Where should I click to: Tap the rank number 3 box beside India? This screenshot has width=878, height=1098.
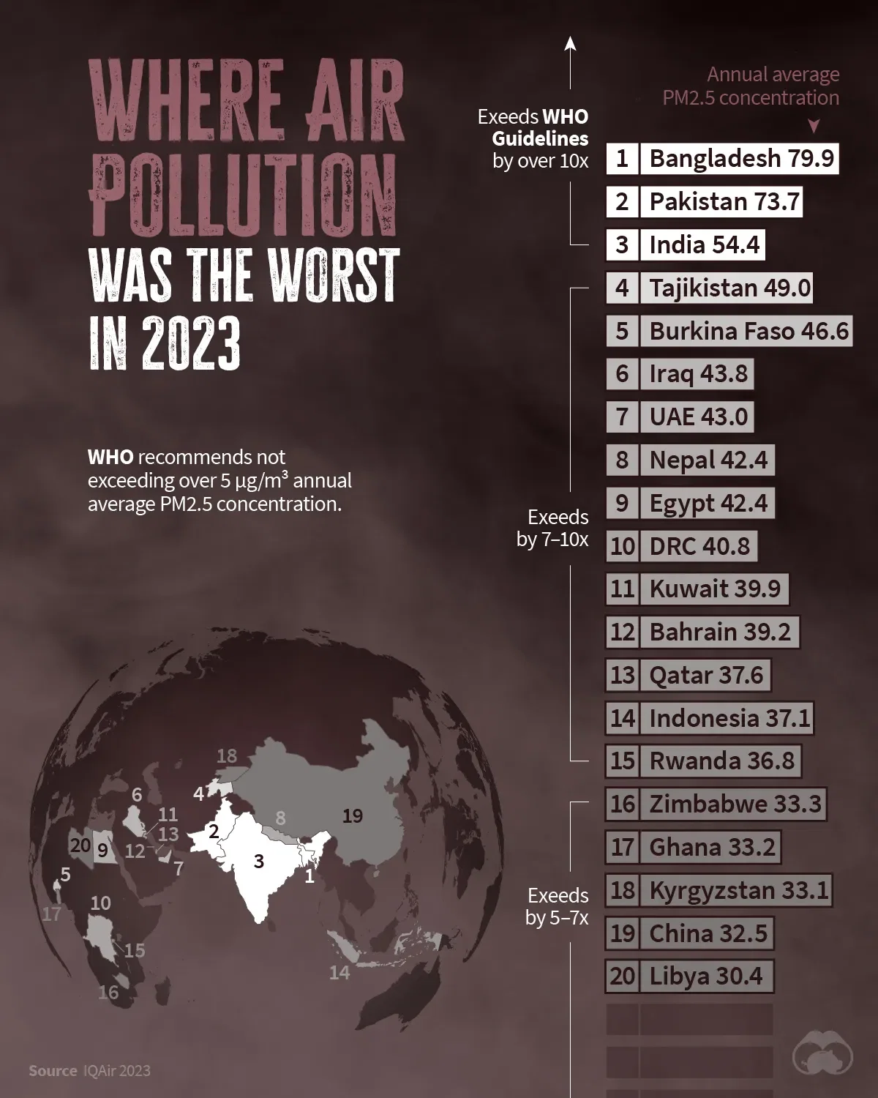(x=622, y=244)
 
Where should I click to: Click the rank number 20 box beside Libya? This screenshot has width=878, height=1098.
(x=622, y=976)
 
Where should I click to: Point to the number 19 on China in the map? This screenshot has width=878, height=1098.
(x=353, y=815)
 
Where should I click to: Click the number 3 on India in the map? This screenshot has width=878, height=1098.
(x=258, y=861)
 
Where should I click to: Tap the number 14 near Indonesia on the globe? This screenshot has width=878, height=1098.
(x=339, y=972)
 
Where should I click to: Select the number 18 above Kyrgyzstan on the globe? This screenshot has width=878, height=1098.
(x=227, y=755)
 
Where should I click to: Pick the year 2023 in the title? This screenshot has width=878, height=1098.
(x=191, y=342)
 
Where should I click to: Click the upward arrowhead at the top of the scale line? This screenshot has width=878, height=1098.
(x=571, y=44)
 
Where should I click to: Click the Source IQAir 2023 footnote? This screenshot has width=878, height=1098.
(x=89, y=1071)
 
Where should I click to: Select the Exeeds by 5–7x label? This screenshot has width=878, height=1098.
(x=558, y=906)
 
